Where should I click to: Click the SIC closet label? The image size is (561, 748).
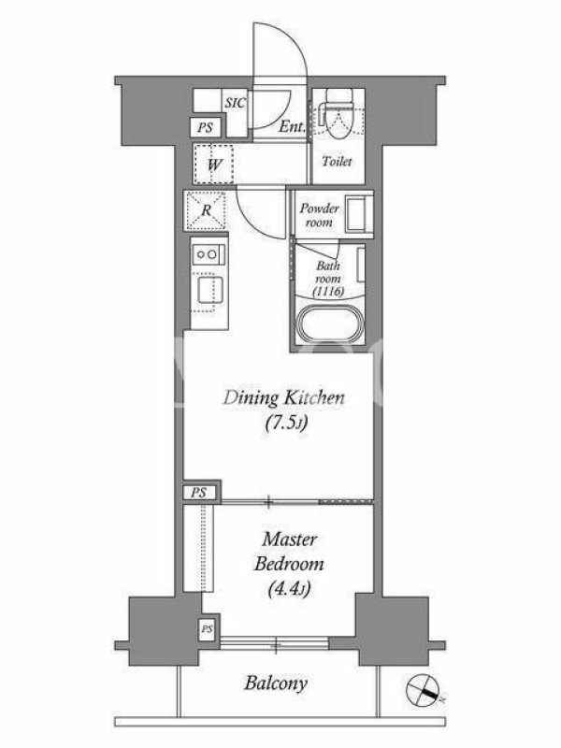236,103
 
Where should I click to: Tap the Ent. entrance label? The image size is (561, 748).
292,126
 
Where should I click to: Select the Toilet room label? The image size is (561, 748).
338,161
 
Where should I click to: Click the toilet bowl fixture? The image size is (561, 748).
339,113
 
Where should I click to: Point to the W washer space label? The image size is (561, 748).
215,165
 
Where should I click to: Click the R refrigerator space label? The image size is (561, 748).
206,209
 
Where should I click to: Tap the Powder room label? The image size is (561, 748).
320,215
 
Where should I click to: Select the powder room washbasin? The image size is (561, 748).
358,214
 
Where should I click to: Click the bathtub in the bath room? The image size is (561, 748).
331,324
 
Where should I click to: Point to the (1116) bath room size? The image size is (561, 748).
329,292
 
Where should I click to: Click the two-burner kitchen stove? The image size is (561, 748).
209,254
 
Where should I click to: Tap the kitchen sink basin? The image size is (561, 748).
208,290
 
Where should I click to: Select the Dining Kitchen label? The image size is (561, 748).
284,397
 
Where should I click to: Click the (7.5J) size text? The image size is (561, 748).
286,424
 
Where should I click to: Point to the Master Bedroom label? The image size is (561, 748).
289,552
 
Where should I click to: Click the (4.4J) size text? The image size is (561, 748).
289,589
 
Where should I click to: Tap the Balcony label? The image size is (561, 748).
276,683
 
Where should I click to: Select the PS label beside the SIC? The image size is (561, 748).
205,127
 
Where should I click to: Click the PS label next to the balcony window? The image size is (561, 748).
207,629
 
